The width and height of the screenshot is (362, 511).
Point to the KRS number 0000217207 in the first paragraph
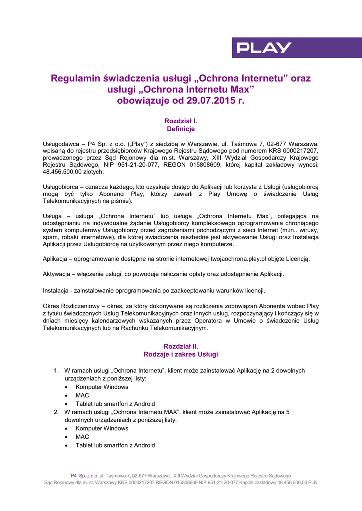pos(298,150)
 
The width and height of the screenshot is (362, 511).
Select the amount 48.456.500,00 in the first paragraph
pos(65,171)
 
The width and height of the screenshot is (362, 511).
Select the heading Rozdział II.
pos(181,346)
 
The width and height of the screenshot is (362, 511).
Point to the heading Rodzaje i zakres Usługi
pos(181,354)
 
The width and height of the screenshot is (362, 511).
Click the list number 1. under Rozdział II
pos(56,371)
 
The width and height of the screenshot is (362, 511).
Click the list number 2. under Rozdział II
pos(56,412)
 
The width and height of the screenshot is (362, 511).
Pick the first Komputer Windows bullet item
pos(102,387)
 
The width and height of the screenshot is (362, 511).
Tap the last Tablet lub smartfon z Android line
pos(115,445)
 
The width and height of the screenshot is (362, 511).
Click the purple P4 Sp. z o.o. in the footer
pos(84,476)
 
